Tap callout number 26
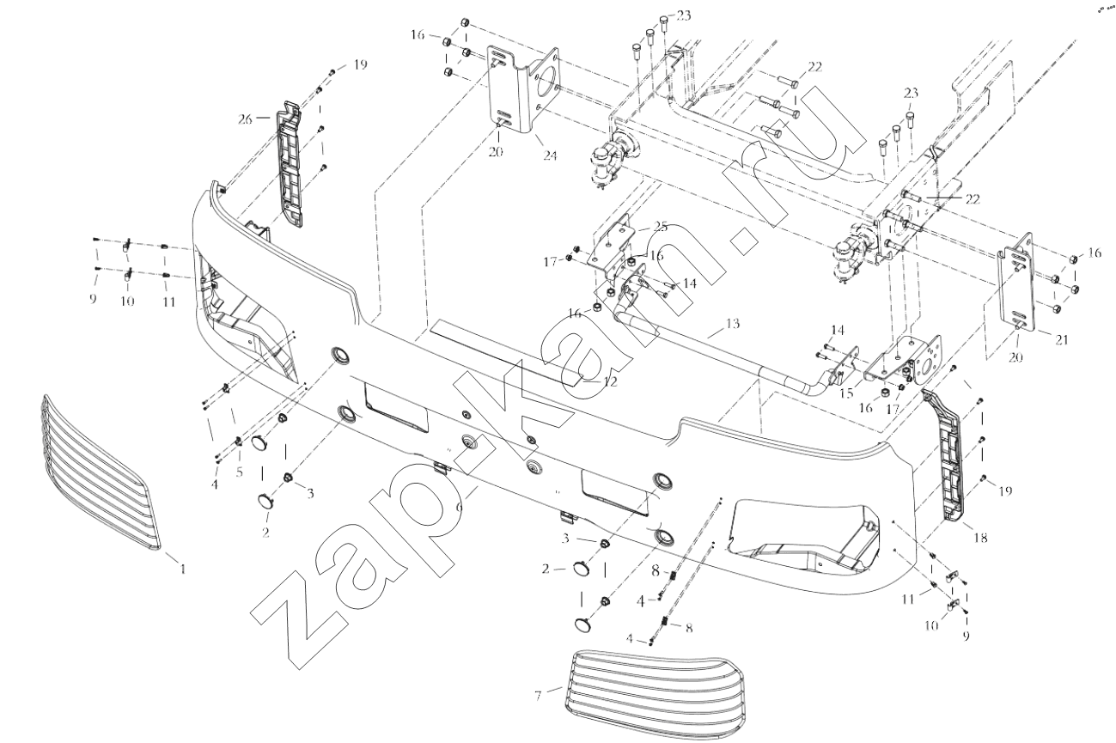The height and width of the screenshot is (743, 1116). (x=246, y=119)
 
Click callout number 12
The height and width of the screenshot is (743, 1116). (x=610, y=381)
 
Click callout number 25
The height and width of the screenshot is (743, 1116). (x=659, y=226)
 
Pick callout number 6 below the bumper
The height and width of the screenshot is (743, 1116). (x=460, y=508)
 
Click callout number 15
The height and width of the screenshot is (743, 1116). (x=845, y=393)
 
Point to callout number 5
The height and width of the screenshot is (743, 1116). (x=240, y=472)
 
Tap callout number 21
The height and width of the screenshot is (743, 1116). (x=1062, y=339)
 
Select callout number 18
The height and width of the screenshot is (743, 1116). (x=980, y=538)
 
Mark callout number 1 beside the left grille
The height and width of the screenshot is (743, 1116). (x=182, y=568)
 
